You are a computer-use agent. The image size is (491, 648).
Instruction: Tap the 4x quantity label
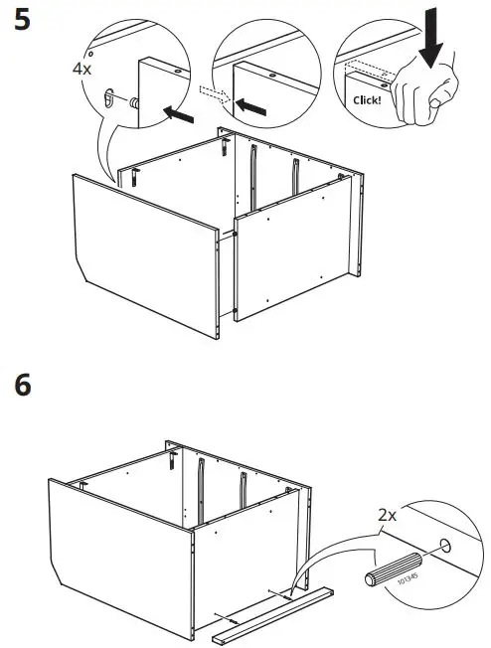tap(82, 71)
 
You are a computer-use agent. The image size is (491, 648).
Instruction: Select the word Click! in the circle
tap(369, 100)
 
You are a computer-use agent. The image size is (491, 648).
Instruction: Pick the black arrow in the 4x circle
tap(179, 115)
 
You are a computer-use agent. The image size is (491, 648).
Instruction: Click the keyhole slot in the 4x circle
tap(108, 96)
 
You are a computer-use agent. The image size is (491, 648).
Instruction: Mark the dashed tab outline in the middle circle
tap(214, 92)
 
